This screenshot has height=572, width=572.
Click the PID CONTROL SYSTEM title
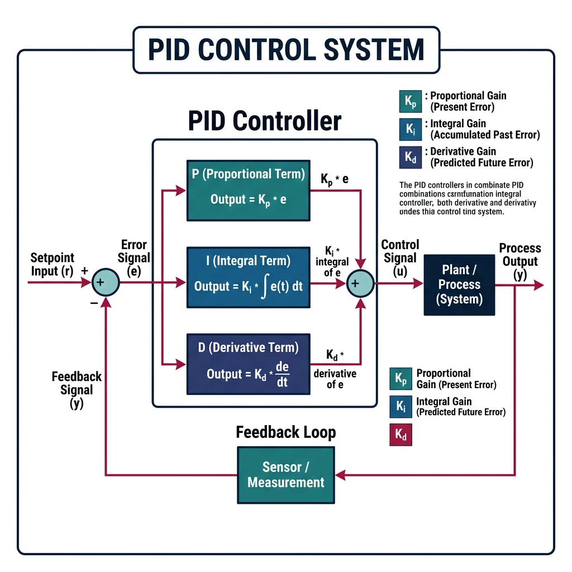(285, 50)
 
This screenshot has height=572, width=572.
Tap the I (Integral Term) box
(248, 277)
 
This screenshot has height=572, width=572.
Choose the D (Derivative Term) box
(248, 363)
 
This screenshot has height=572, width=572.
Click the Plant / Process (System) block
(459, 284)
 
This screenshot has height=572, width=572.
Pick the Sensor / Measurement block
(285, 475)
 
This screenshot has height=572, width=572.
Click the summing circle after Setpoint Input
(106, 283)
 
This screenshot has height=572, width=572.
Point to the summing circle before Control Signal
(360, 283)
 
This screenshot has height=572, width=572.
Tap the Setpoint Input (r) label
(52, 264)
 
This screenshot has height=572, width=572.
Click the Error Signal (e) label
(135, 258)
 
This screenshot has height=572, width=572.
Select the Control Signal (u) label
(400, 258)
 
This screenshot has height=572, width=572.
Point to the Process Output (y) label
(519, 261)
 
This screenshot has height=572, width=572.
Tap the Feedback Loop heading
(285, 432)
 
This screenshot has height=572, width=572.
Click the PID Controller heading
(264, 121)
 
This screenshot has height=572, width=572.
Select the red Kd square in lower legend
(401, 434)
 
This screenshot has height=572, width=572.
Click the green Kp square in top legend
(411, 102)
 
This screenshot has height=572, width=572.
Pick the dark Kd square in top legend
(411, 158)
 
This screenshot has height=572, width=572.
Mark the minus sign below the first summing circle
(94, 302)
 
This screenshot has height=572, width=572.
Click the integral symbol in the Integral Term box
(260, 286)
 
